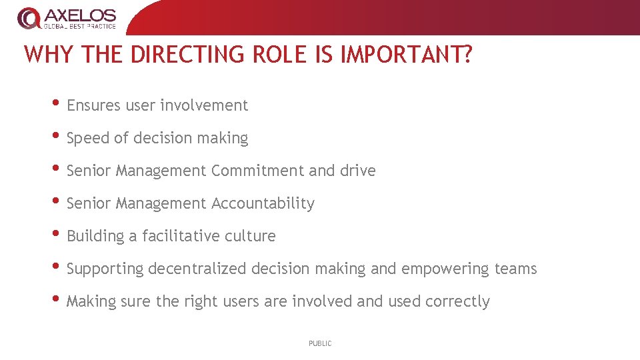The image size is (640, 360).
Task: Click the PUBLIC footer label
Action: pyautogui.click(x=320, y=343)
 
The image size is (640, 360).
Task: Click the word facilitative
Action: pyautogui.click(x=181, y=236)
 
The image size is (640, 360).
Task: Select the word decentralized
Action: pyautogui.click(x=197, y=269)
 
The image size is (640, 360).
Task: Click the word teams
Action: pyautogui.click(x=515, y=269)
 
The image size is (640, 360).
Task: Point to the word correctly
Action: pyautogui.click(x=457, y=302)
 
